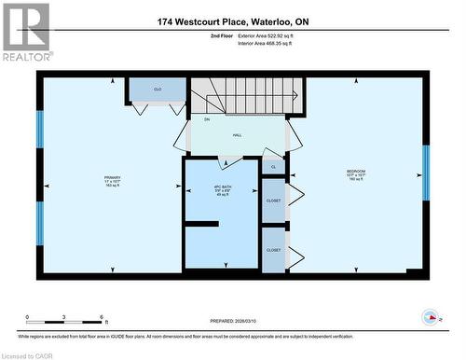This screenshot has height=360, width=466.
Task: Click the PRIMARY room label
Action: click(x=112, y=178)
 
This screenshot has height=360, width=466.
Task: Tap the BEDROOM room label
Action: click(x=356, y=172)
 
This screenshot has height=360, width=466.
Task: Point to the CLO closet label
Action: click(x=158, y=89)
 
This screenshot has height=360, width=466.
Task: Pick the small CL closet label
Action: click(x=273, y=167)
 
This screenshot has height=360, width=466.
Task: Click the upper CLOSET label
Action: click(x=273, y=201)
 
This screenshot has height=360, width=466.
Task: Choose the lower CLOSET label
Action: click(x=273, y=250)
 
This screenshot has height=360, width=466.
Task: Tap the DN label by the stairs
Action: click(x=194, y=119)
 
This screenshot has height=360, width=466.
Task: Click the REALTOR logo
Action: click(x=25, y=33)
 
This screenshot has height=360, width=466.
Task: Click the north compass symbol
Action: click(x=431, y=315)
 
